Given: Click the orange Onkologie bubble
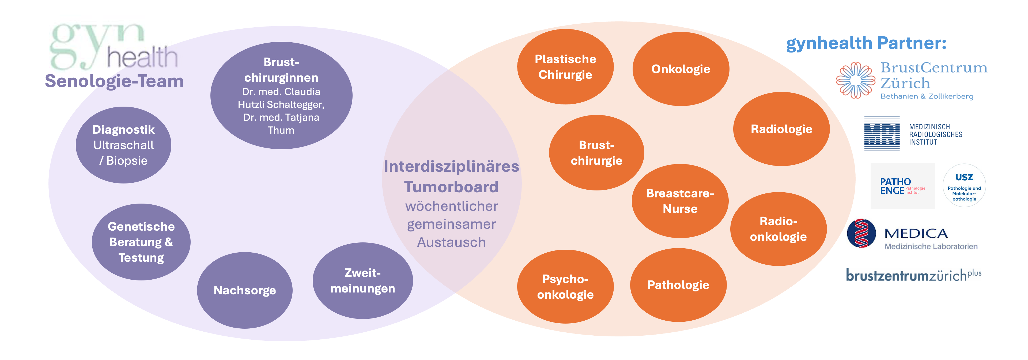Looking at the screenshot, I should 681,69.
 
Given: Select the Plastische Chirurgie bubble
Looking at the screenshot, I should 565,67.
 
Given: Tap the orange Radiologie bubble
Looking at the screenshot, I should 781,129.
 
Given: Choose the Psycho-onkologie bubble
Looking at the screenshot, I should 565,287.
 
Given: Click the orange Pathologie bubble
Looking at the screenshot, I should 678,285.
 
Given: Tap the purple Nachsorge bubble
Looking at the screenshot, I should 245,290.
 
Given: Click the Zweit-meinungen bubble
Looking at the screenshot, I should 362,280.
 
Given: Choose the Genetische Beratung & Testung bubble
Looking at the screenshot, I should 141,242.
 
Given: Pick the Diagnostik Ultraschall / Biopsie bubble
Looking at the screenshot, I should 123,145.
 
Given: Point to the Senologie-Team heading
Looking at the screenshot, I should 114,81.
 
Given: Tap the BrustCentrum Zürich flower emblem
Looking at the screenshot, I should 855,80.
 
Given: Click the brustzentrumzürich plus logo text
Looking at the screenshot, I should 913,275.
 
